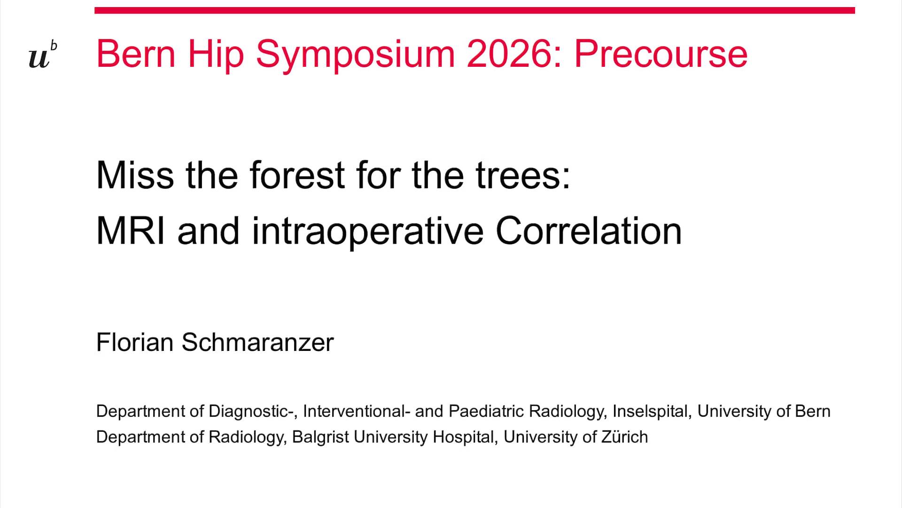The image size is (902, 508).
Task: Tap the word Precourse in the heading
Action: [x=661, y=54]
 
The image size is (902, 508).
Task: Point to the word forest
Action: [x=297, y=175]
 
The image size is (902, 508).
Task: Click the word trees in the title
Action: [x=522, y=175]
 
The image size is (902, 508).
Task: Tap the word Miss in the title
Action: [x=135, y=175]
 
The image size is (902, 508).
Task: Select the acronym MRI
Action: [x=131, y=231]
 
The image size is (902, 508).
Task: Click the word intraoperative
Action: [x=367, y=231]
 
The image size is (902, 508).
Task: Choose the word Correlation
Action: [x=588, y=231]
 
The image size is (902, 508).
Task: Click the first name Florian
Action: [x=135, y=342]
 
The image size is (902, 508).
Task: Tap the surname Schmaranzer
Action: [x=257, y=342]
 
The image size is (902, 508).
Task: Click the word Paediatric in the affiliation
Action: [x=486, y=412]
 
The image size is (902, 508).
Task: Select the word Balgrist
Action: [x=320, y=437]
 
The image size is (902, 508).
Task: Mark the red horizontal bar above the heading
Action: [x=474, y=10]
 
